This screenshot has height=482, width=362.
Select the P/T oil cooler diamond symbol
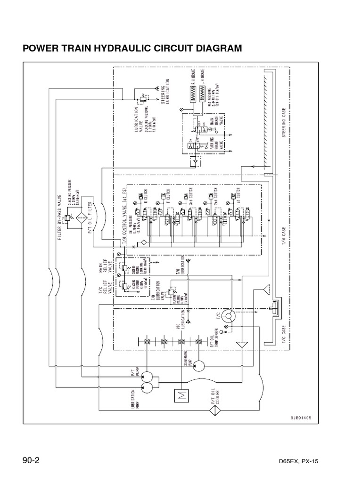pyautogui.click(x=215, y=410)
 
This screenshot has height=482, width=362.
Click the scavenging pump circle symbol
pyautogui.click(x=198, y=365)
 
